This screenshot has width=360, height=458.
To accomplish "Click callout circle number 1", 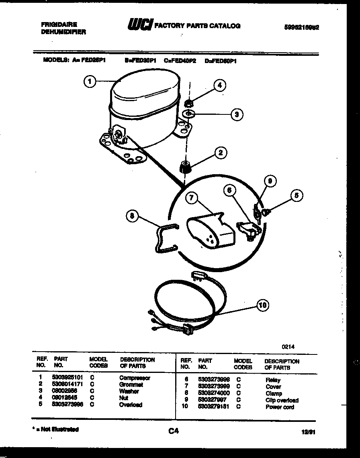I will tap(90, 81).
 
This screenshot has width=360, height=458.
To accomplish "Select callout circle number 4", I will tap(219, 85).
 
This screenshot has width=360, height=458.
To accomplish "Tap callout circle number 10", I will tap(263, 305).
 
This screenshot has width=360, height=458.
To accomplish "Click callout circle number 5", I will tap(297, 196).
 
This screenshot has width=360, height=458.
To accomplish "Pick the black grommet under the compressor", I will tap(184, 166).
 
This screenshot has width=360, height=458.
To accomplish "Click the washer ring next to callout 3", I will tap(188, 114).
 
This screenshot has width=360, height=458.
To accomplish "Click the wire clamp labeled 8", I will tap(164, 238).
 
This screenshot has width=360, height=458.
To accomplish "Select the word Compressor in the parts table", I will tap(135, 378).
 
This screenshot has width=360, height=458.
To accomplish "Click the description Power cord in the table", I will tap(280, 407).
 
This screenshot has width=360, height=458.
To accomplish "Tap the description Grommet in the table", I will tap(131, 385).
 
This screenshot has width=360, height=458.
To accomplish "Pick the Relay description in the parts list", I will tap(273, 380).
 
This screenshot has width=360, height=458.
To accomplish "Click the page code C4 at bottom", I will tap(173, 431).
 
